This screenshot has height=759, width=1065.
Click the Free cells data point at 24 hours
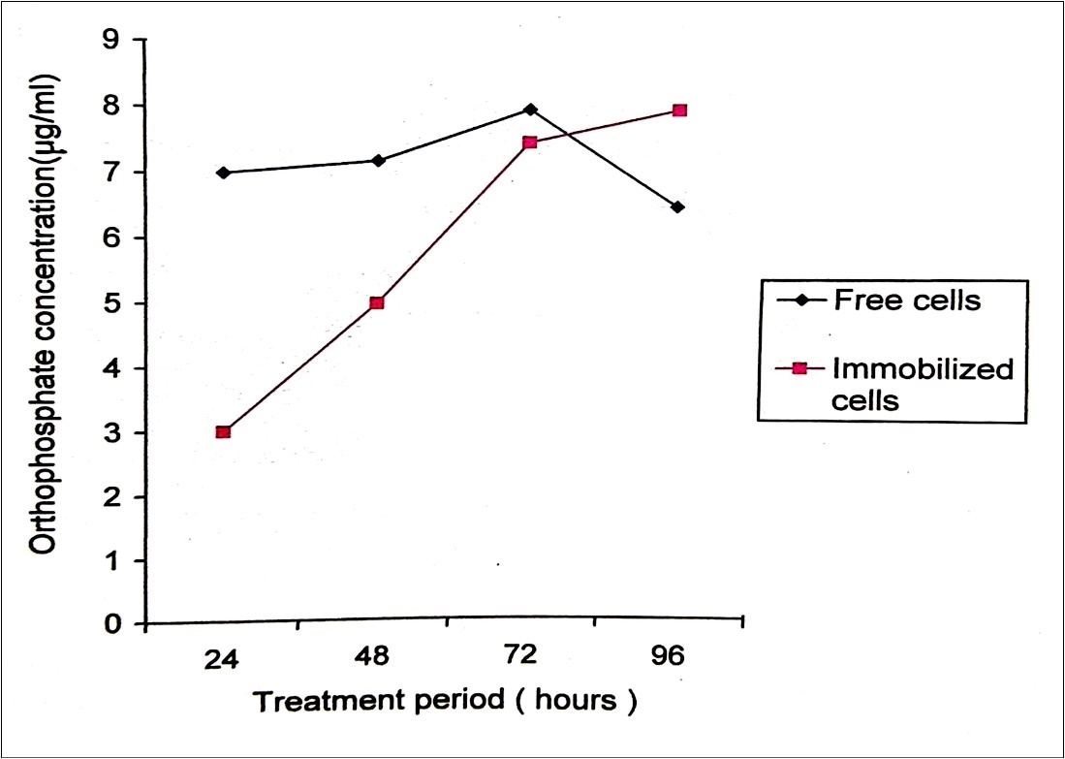click(223, 173)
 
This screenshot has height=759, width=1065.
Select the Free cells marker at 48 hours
click(378, 160)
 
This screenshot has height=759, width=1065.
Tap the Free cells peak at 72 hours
click(530, 110)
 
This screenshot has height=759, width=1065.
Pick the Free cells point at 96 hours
click(677, 206)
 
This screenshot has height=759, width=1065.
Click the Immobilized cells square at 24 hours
click(223, 431)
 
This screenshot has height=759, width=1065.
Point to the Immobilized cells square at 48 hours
click(378, 302)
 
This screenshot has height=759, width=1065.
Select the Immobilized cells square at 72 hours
click(530, 142)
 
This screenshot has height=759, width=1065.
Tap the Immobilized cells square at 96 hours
click(679, 111)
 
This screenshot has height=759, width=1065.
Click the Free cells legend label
click(907, 300)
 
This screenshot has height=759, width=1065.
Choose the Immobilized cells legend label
click(922, 383)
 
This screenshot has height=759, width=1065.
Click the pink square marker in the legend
click(800, 369)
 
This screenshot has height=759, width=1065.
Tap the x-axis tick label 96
click(668, 656)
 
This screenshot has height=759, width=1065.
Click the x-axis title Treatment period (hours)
click(445, 701)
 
